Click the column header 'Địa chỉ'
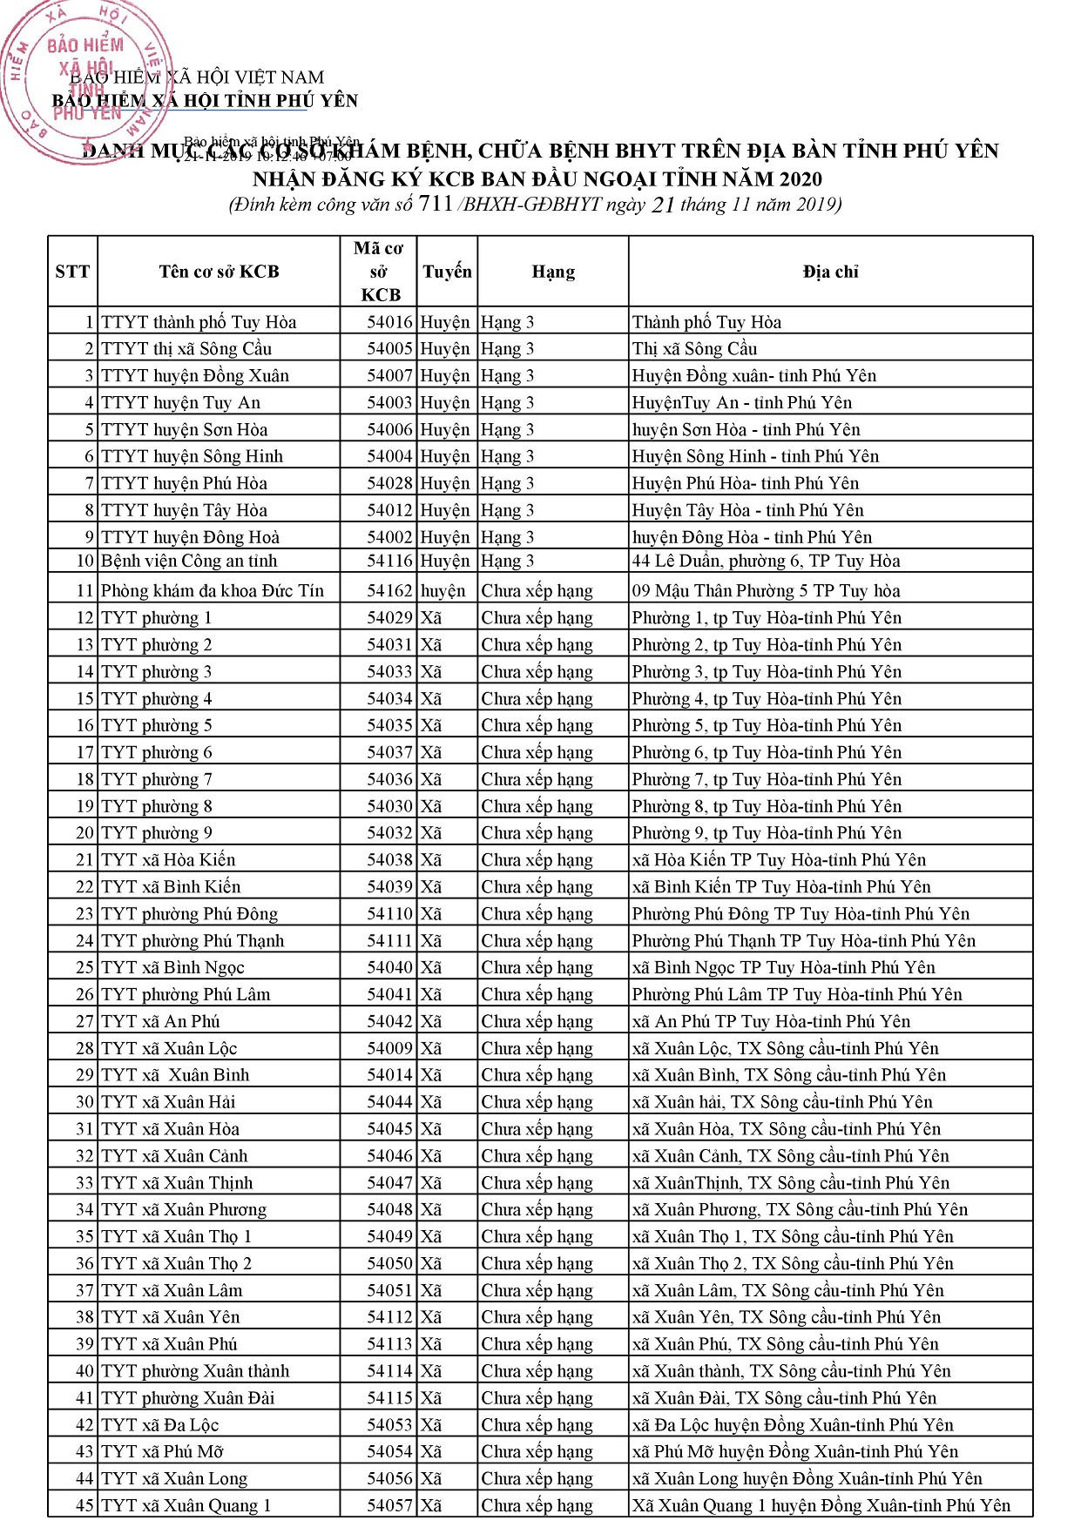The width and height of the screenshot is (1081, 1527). [830, 272]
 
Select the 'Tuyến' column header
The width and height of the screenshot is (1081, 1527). [447, 272]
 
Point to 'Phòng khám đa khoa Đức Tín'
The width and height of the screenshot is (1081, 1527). [213, 591]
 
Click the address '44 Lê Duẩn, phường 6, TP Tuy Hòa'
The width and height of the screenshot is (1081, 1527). [766, 562]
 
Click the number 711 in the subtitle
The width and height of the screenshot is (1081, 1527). [436, 205]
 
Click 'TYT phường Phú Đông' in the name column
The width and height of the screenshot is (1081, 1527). [189, 914]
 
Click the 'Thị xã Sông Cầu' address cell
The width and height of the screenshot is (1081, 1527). [694, 349]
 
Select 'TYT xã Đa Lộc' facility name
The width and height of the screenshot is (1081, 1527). [159, 1425]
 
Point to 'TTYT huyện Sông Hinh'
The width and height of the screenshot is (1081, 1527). [192, 456]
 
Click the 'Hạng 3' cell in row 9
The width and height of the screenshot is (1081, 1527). [507, 537]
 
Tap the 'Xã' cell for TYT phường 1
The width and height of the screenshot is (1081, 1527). [431, 618]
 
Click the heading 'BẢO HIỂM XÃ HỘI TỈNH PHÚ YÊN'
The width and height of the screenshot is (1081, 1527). [205, 101]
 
